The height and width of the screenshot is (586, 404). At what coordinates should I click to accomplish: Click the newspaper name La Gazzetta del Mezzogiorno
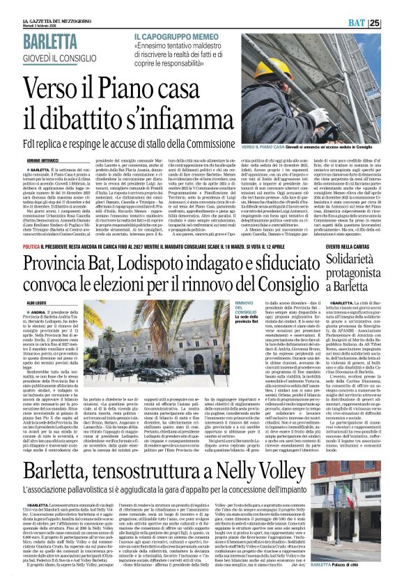pyautogui.click(x=42, y=4)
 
